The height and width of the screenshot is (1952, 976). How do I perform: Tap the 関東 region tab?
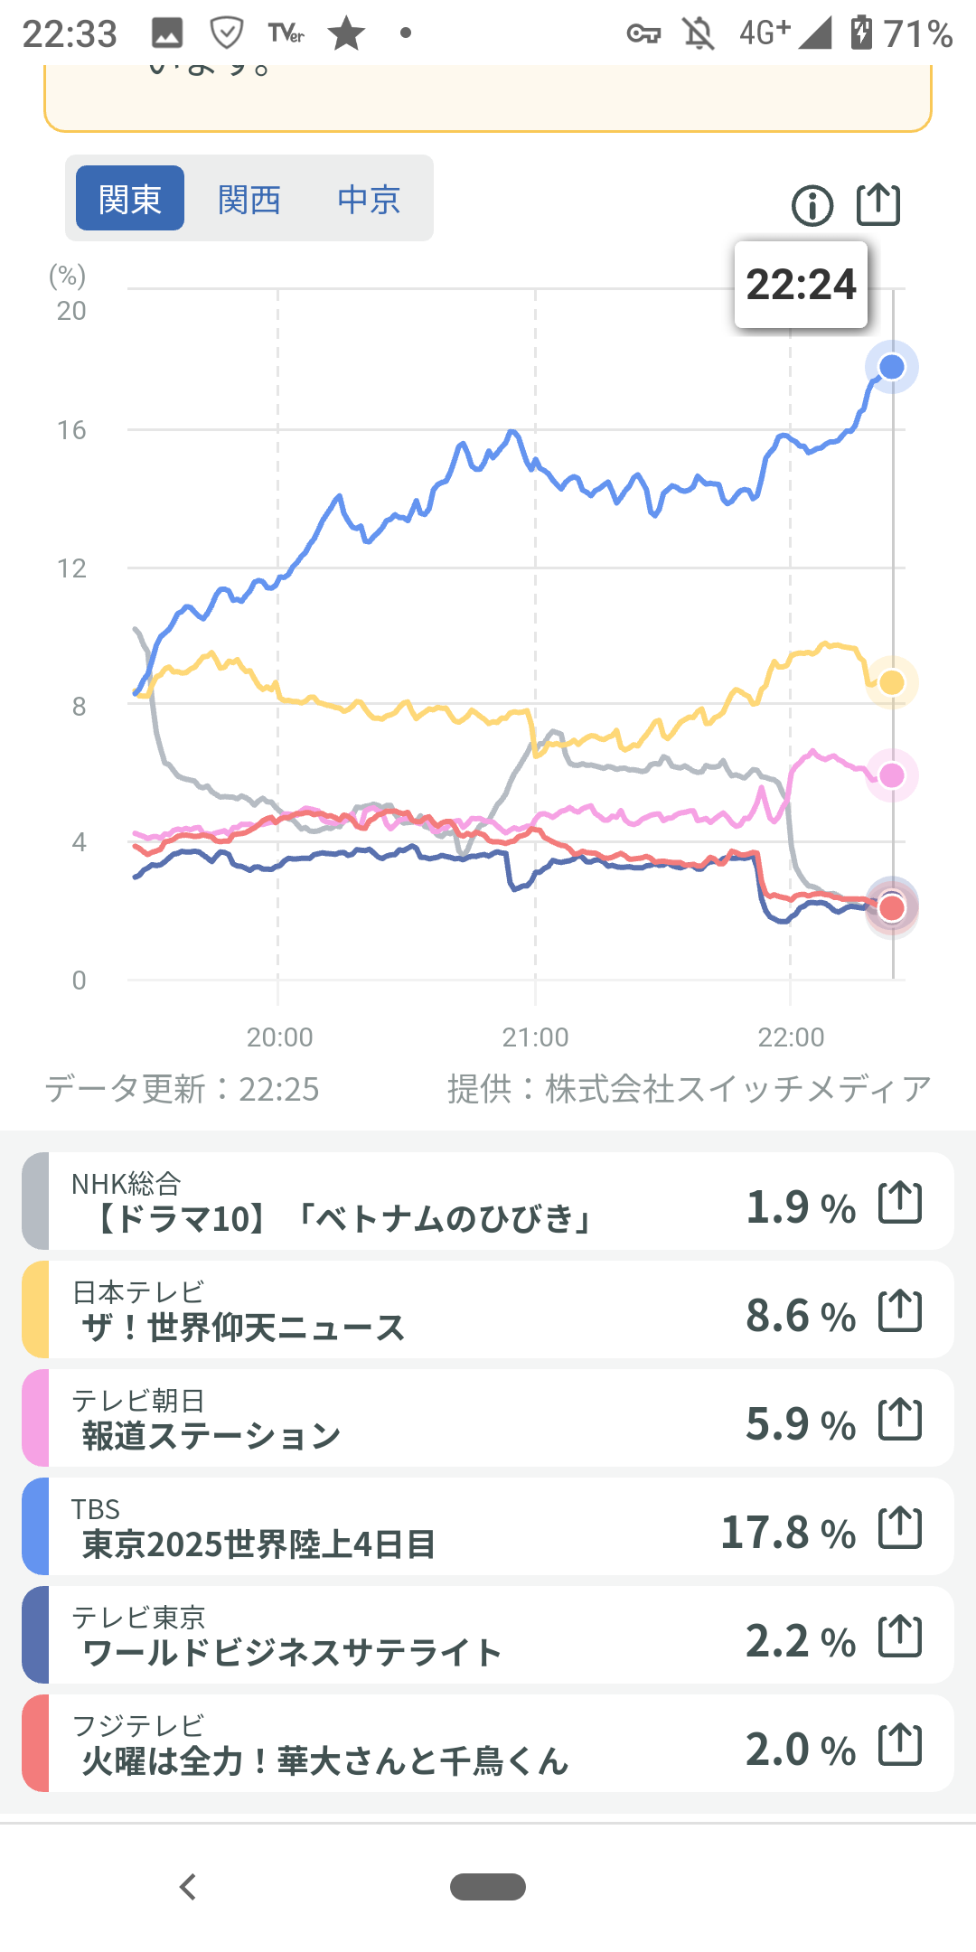click(130, 199)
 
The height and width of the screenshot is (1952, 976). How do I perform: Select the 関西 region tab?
click(249, 199)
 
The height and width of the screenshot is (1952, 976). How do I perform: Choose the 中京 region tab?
click(369, 199)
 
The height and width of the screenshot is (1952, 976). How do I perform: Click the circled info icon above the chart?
click(812, 205)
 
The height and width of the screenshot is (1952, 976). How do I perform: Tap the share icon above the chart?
click(878, 204)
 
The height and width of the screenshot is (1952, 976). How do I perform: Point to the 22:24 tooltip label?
click(801, 285)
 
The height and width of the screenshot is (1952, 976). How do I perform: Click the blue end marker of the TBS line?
click(892, 367)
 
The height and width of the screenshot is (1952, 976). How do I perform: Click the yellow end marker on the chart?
click(892, 682)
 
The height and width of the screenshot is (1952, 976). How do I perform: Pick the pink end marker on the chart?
click(892, 775)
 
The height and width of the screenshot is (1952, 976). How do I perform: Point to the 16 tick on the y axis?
click(71, 430)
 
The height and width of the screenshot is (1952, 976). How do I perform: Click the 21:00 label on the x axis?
click(535, 1037)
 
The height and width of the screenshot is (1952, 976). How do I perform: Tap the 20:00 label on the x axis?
click(279, 1037)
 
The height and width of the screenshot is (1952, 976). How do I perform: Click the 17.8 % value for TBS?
click(787, 1532)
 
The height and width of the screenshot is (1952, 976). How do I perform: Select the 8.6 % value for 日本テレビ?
click(800, 1315)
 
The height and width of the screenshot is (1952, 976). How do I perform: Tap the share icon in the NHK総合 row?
click(900, 1202)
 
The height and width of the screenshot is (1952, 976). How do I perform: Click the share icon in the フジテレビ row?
click(900, 1744)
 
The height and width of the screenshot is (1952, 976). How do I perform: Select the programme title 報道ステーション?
click(211, 1435)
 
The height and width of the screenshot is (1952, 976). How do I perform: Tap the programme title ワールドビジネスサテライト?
click(291, 1652)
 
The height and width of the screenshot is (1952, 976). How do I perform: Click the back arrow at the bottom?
click(188, 1887)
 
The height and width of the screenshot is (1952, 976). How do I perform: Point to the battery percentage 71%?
click(917, 34)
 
